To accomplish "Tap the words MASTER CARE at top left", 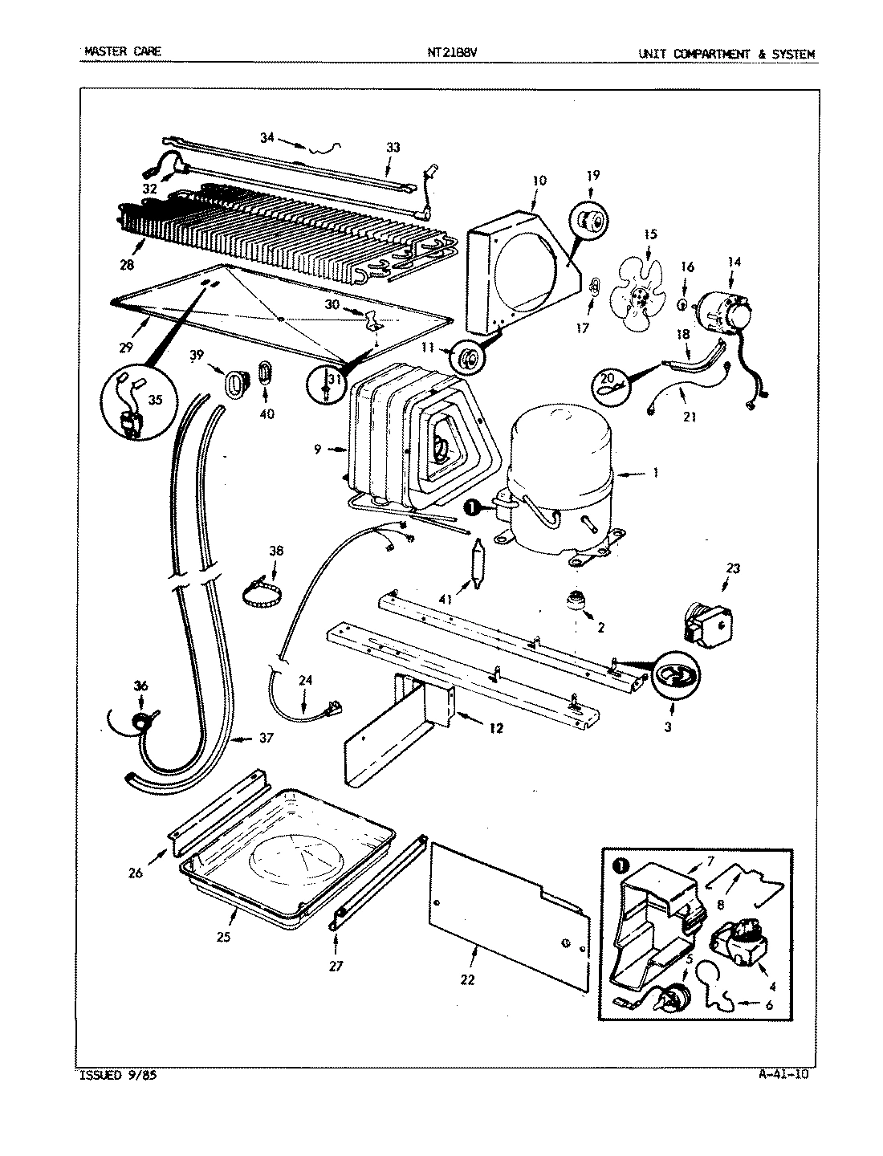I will click(x=122, y=53).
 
